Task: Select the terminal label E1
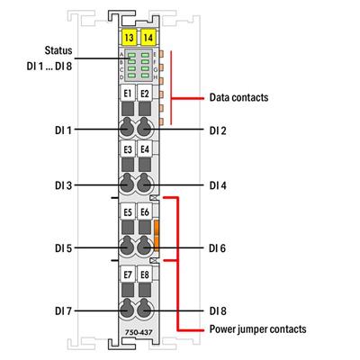(x=127, y=94)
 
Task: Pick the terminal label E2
(x=145, y=94)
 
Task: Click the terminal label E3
(x=127, y=150)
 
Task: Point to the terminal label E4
(x=145, y=150)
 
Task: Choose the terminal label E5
(x=127, y=212)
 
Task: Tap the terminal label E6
(x=145, y=212)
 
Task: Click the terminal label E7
(x=127, y=274)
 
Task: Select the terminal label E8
(x=145, y=274)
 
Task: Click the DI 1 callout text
(x=63, y=130)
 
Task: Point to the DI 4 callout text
(x=218, y=186)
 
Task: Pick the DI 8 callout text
(x=218, y=310)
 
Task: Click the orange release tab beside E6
(x=157, y=235)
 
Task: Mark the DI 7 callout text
(x=63, y=310)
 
